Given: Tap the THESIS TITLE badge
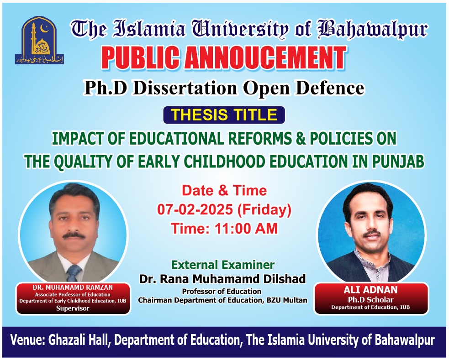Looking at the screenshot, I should tap(224, 115).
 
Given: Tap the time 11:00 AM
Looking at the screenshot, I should tap(246, 228).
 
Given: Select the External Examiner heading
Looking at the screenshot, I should tap(223, 265).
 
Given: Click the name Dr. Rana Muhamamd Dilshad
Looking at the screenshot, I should tap(222, 279).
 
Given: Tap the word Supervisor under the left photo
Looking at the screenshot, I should tap(73, 308).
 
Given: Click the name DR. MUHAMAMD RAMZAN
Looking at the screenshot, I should tap(73, 287).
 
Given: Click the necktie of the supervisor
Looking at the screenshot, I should tap(73, 273).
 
